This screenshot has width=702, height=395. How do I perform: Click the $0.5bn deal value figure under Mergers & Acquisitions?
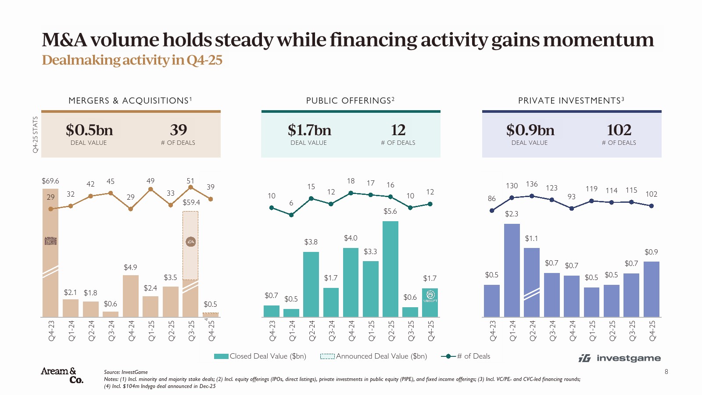pyautogui.click(x=89, y=130)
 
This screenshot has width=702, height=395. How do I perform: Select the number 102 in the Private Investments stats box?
pyautogui.click(x=619, y=130)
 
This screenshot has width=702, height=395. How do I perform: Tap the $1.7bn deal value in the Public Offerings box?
pyautogui.click(x=309, y=130)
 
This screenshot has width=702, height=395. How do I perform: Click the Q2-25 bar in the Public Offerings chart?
pyautogui.click(x=390, y=269)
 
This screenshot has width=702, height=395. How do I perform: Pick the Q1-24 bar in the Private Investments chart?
pyautogui.click(x=512, y=270)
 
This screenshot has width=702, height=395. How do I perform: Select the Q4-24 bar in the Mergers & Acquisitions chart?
pyautogui.click(x=131, y=296)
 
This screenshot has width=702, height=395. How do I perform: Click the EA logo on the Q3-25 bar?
pyautogui.click(x=190, y=242)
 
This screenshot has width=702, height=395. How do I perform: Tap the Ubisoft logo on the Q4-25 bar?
pyautogui.click(x=430, y=296)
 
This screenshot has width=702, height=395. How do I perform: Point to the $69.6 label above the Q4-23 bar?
pyautogui.click(x=50, y=181)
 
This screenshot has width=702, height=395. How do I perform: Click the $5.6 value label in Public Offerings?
pyautogui.click(x=390, y=211)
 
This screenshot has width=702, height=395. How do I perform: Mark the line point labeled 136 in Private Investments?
pyautogui.click(x=532, y=196)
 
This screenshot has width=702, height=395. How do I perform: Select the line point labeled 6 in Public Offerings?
pyautogui.click(x=291, y=215)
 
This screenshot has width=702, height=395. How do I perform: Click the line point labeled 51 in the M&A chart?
pyautogui.click(x=190, y=187)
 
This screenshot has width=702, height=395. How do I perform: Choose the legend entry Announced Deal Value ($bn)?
pyautogui.click(x=373, y=356)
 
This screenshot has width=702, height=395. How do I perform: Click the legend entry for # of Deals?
pyautogui.click(x=466, y=356)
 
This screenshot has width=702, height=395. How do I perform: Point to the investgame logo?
pyautogui.click(x=620, y=358)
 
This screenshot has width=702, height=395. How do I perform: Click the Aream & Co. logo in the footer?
pyautogui.click(x=62, y=375)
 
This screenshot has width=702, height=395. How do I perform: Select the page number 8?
pyautogui.click(x=666, y=372)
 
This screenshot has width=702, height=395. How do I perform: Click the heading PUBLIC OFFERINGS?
pyautogui.click(x=350, y=101)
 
